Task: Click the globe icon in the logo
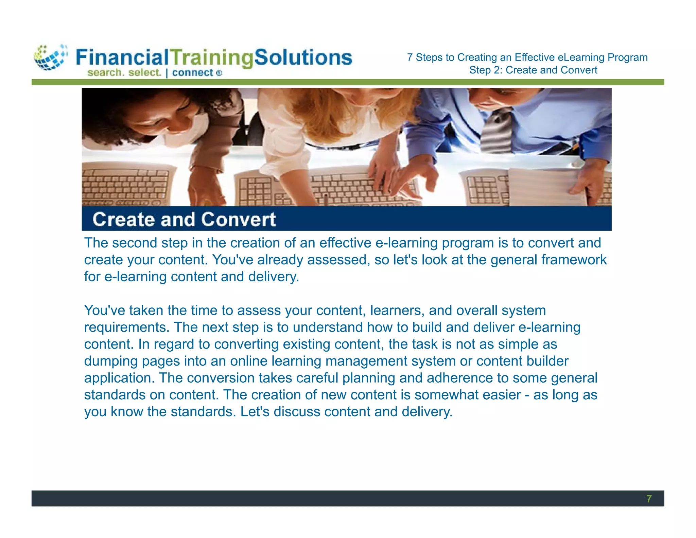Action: pyautogui.click(x=50, y=57)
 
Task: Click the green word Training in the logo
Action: pyautogui.click(x=212, y=57)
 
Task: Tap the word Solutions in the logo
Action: pyautogui.click(x=303, y=57)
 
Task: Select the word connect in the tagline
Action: pyautogui.click(x=192, y=72)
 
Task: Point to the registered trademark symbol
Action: pyautogui.click(x=219, y=73)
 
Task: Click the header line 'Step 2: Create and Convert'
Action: pyautogui.click(x=533, y=70)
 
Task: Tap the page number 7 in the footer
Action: pyautogui.click(x=649, y=499)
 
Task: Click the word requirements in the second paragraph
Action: pyautogui.click(x=126, y=327)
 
